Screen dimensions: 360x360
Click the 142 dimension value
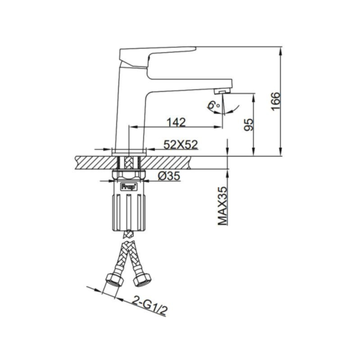[175, 122]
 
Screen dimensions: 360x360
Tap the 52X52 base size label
[181, 144]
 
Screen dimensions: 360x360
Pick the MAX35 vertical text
[223, 205]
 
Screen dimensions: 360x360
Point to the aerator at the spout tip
[221, 91]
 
